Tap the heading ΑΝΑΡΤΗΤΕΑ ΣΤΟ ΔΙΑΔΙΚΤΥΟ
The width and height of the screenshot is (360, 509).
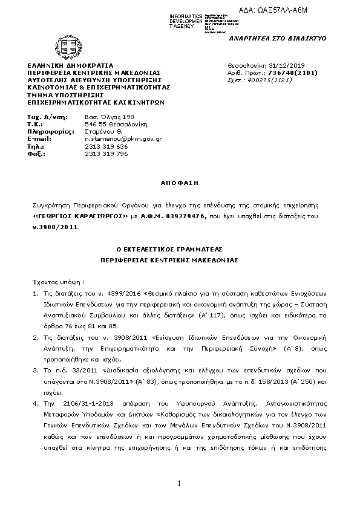[x=277, y=38]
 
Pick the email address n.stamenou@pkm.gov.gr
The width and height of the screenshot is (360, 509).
[x=123, y=138]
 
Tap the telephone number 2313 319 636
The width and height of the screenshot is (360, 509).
[x=106, y=146]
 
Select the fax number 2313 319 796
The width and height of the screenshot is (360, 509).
[x=106, y=154]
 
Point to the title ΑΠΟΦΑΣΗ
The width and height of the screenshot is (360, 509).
[x=179, y=181]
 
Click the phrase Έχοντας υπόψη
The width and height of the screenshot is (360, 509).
[x=58, y=282]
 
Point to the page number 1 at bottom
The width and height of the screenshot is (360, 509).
[x=180, y=484]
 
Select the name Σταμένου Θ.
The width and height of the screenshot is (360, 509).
[x=103, y=131]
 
